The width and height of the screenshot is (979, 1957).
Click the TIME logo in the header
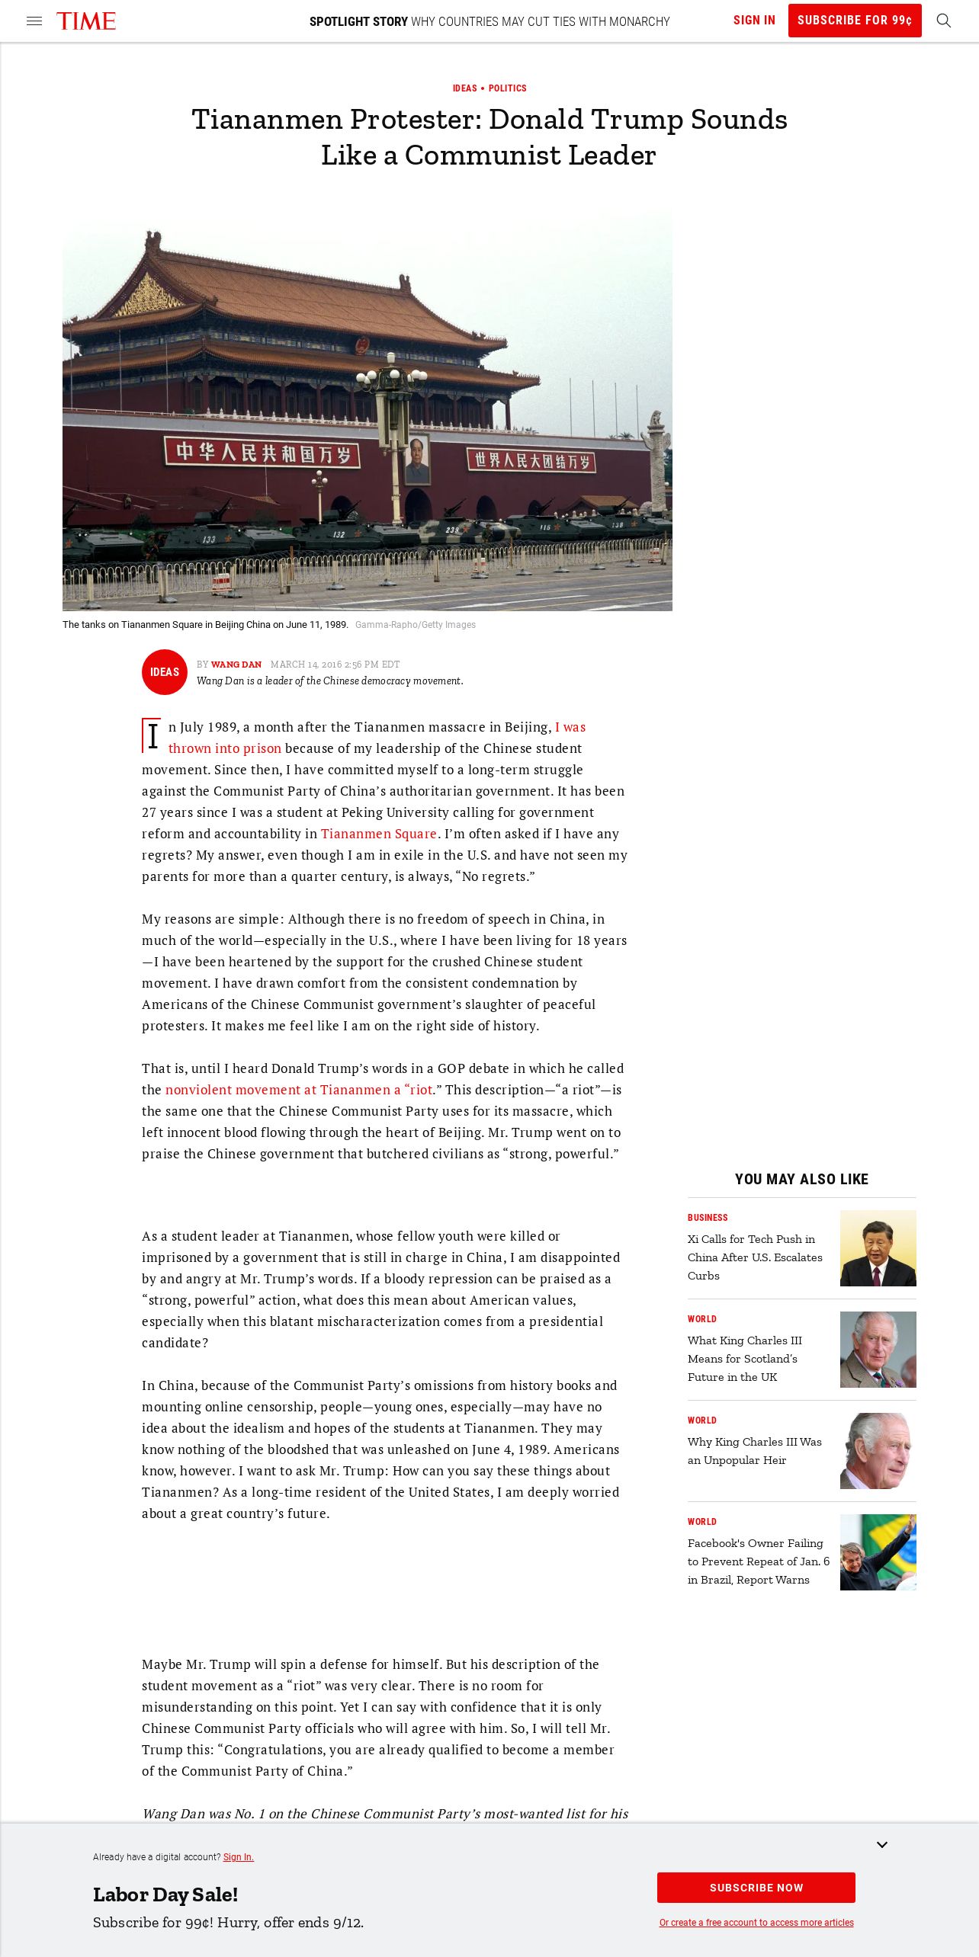coord(86,21)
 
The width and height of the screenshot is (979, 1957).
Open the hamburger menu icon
coord(34,21)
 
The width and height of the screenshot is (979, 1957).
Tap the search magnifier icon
coord(943,21)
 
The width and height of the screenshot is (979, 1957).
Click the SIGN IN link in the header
coord(754,21)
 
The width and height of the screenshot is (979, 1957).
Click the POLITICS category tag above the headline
coord(507,88)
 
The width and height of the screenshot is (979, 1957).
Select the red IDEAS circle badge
coord(165,672)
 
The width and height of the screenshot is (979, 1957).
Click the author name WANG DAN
coord(236,665)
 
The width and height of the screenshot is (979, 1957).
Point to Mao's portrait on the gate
coord(417,460)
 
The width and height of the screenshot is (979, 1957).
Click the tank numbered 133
coord(207,540)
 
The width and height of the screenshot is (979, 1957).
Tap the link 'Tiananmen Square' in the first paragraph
coord(378,834)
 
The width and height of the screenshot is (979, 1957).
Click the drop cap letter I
coord(152,735)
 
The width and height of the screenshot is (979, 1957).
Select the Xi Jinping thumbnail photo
coord(878,1248)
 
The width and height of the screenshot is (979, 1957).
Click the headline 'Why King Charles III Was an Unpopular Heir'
coord(754,1451)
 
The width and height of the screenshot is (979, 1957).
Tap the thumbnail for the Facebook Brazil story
coord(878,1552)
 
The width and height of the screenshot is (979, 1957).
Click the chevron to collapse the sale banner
coord(882,1845)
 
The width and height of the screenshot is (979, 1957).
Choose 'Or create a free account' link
coord(756,1923)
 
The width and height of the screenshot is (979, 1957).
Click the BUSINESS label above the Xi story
coord(708,1218)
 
